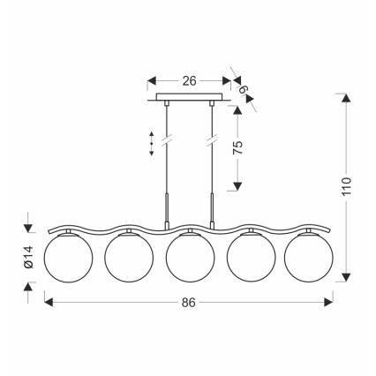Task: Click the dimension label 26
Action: point(189,81)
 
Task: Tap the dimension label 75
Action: point(237,147)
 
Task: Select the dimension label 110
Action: point(347,186)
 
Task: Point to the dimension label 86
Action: point(189,302)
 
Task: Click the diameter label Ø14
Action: point(29,257)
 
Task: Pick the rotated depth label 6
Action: point(243,89)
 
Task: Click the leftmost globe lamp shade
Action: point(68,258)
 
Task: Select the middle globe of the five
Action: point(190,258)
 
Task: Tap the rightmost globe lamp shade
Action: point(309,258)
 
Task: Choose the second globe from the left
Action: point(129,258)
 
